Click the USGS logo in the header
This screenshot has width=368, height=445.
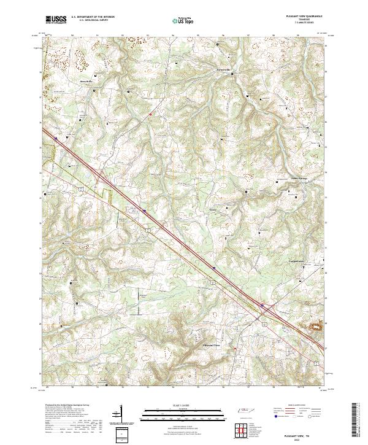coord(55,20)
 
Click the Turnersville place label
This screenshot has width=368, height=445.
coord(212,70)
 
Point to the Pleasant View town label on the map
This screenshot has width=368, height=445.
coord(211,346)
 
